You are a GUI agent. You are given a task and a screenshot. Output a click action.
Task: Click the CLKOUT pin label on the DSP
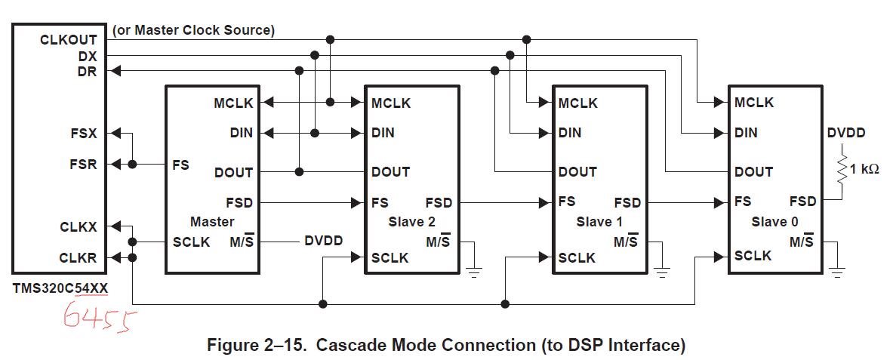click(x=69, y=41)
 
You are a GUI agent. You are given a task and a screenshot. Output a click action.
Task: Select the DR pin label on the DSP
click(x=88, y=72)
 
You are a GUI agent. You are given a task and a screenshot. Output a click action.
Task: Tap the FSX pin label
click(x=84, y=134)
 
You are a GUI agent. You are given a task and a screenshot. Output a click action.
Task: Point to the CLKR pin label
click(x=79, y=257)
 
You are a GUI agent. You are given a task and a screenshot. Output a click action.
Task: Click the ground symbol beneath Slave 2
click(x=474, y=272)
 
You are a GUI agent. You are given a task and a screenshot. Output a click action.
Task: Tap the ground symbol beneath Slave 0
click(x=837, y=272)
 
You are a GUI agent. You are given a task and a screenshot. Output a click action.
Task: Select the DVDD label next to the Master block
click(x=323, y=241)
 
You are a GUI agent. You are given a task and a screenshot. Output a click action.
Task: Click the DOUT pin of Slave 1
click(x=577, y=171)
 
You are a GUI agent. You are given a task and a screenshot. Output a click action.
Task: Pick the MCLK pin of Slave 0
click(x=754, y=103)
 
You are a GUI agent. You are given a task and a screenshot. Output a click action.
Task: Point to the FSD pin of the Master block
click(x=239, y=202)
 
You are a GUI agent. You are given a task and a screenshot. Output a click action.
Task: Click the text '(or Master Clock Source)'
click(x=193, y=30)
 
